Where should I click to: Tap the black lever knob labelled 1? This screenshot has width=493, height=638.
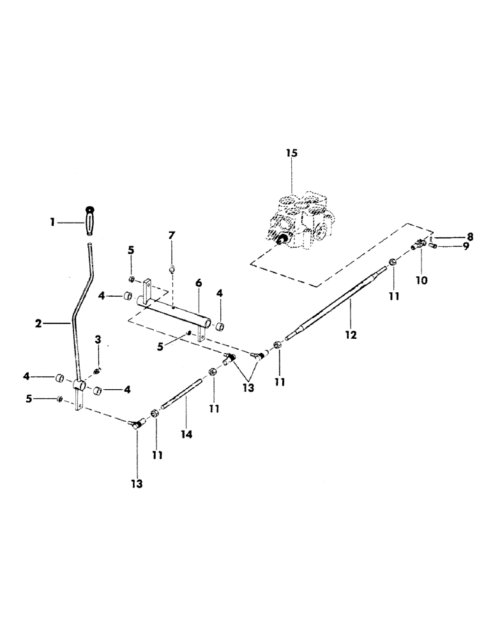(87, 223)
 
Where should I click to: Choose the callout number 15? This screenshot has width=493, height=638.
(291, 154)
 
